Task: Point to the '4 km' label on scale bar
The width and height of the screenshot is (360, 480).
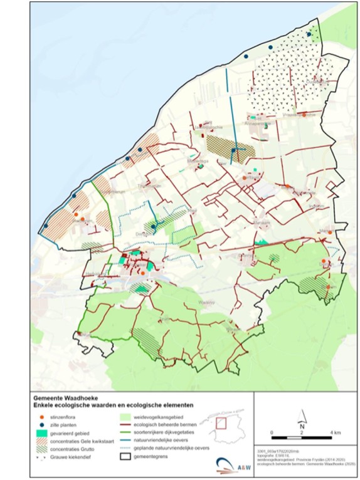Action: (x=336, y=433)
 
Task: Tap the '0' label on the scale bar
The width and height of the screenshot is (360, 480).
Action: (x=272, y=433)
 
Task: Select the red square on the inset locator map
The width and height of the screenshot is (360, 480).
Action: (x=221, y=422)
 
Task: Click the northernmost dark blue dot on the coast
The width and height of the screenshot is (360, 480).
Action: (x=309, y=35)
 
